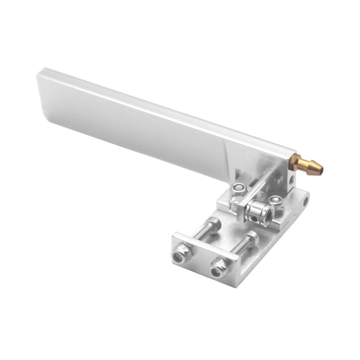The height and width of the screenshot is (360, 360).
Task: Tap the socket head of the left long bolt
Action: coord(215,223)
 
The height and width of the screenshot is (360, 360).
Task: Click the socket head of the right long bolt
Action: coord(251,238)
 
